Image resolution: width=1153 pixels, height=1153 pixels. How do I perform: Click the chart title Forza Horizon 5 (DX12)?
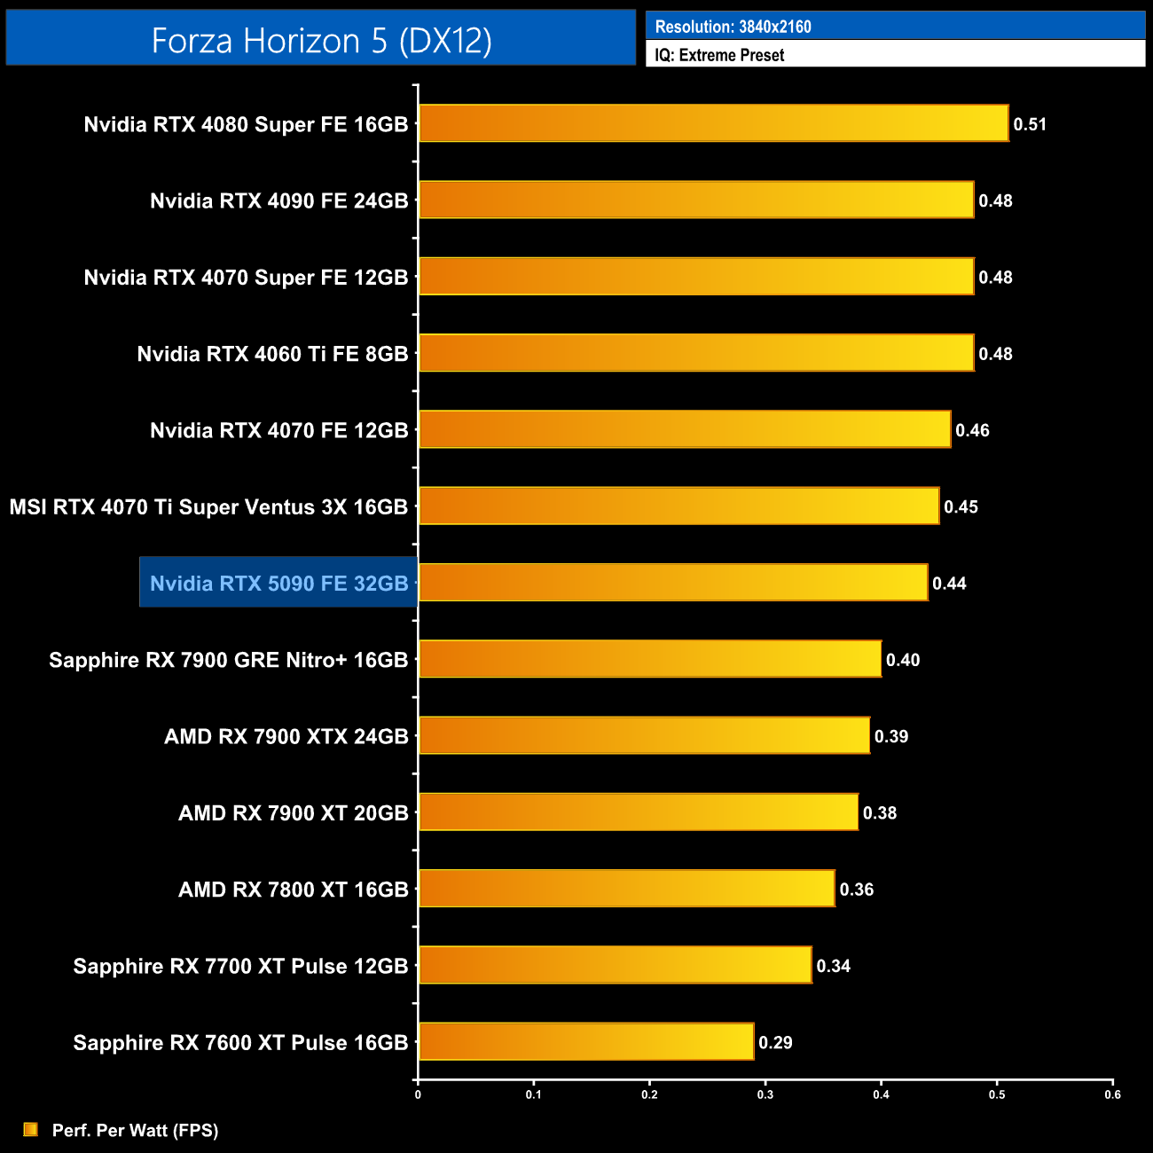click(x=321, y=41)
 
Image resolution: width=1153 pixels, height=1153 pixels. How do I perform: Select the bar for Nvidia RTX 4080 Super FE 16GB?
click(x=713, y=123)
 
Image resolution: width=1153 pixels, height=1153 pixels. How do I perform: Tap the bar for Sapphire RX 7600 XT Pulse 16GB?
click(x=586, y=1041)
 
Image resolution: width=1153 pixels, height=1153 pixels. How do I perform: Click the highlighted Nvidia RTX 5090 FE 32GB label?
click(x=278, y=583)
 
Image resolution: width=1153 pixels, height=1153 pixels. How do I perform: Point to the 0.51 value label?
click(x=1030, y=124)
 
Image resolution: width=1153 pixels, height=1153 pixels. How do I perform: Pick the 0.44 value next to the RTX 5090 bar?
click(x=949, y=584)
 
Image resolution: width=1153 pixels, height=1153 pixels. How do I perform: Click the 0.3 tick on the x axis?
click(x=765, y=1094)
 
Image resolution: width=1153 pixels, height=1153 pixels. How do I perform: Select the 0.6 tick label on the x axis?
click(x=1112, y=1094)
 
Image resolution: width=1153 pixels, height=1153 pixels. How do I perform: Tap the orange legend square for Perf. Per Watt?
click(x=31, y=1129)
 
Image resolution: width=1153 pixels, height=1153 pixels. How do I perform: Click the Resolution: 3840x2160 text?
click(x=733, y=27)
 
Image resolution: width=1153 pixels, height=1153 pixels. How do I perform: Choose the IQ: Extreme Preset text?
click(x=719, y=55)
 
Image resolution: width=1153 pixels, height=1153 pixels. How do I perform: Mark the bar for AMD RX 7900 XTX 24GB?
click(x=644, y=735)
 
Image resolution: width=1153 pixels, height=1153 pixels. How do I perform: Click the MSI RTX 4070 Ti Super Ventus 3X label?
click(x=208, y=507)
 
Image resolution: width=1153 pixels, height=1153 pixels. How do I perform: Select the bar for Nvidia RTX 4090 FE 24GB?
click(x=696, y=200)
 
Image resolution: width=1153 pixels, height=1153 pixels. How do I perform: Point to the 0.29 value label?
click(x=775, y=1042)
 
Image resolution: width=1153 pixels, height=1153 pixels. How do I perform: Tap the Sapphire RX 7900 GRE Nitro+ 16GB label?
click(x=229, y=660)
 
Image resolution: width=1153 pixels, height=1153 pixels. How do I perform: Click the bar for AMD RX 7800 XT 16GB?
click(x=626, y=889)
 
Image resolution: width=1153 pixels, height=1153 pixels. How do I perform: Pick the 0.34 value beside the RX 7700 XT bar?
click(x=833, y=966)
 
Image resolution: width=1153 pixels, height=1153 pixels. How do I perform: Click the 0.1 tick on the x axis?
click(x=533, y=1094)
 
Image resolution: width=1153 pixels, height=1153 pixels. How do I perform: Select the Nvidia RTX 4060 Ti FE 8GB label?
click(x=272, y=354)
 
